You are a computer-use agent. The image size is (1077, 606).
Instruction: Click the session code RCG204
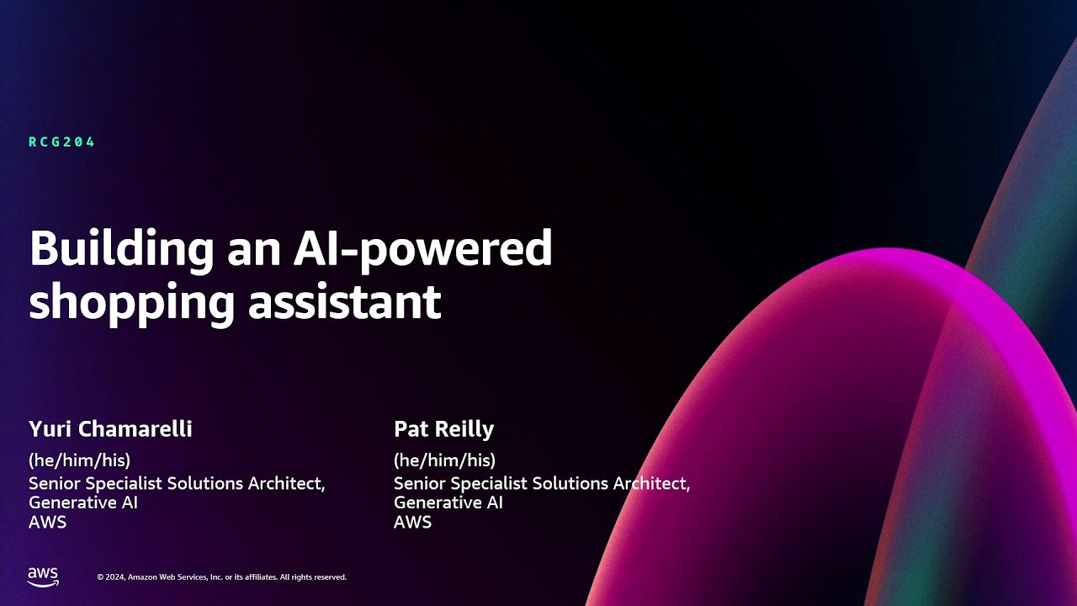coord(62,142)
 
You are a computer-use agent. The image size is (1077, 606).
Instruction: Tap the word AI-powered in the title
coord(422,250)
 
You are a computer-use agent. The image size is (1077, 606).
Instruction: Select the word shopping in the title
coord(131,302)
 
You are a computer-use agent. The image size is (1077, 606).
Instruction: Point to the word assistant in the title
coord(344,300)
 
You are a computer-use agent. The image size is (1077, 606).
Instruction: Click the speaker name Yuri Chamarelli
coord(110,429)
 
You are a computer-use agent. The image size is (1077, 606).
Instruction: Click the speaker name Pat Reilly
coord(443,429)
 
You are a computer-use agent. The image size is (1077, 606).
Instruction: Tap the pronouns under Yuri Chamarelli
coord(79,460)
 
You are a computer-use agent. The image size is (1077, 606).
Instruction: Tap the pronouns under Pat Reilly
coord(444,460)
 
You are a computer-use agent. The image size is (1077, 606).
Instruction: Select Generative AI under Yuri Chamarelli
coord(83,502)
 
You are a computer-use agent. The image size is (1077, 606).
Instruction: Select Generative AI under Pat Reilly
coord(448,502)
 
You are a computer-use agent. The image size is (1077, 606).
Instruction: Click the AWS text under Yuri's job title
coord(47,522)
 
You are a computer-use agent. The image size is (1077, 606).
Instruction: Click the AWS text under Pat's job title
coord(412,522)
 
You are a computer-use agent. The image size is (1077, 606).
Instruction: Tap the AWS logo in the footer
coord(43,577)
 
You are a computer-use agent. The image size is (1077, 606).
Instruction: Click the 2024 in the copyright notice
coord(115,577)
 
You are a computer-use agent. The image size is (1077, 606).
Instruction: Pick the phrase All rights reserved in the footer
coord(313,577)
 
